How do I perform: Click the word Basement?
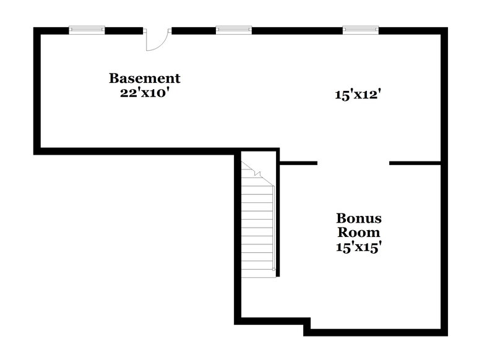point(145,79)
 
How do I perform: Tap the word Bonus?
point(359,218)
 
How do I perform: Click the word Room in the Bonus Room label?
point(359,233)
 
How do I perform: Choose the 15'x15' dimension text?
point(359,247)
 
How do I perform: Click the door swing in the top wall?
point(156,40)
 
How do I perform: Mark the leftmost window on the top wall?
point(87,29)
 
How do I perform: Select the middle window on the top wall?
point(234,29)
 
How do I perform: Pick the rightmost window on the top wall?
point(361,29)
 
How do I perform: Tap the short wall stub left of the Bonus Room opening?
point(298,163)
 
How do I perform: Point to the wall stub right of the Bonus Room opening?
point(415,163)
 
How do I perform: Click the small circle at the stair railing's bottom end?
point(273,269)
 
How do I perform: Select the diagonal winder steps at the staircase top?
point(255,174)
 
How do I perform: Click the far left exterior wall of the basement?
point(37,90)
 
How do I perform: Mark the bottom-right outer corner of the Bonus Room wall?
point(444,332)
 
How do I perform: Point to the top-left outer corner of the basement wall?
point(36,29)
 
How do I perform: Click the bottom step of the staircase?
point(257,272)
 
